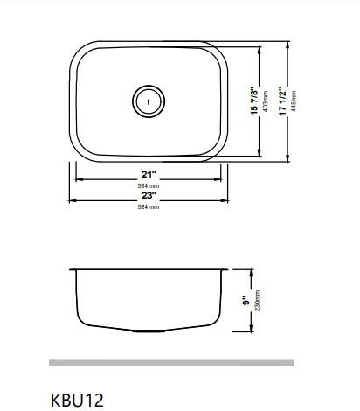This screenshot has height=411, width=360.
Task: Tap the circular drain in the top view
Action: click(x=148, y=99)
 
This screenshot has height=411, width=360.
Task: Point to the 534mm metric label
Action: click(x=149, y=185)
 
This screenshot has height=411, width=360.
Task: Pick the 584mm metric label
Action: click(x=149, y=208)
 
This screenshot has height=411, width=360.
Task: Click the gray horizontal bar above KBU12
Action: click(x=171, y=362)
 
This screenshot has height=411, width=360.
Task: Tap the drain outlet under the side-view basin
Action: click(x=148, y=333)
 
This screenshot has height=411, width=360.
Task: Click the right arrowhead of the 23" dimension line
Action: click(x=228, y=203)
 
